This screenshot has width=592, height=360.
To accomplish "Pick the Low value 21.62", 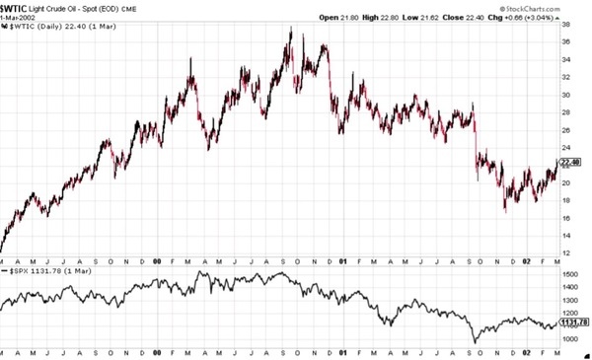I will pyautogui.click(x=456, y=18).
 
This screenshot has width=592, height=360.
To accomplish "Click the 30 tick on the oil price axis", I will pyautogui.click(x=567, y=96).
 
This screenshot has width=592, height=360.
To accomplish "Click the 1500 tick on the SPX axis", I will pyautogui.click(x=572, y=269).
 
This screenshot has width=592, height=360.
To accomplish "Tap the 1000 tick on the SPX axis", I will pyautogui.click(x=572, y=338).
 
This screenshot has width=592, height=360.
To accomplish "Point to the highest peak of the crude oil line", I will pyautogui.click(x=290, y=30).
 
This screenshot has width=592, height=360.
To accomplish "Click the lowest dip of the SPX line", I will pyautogui.click(x=477, y=341).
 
